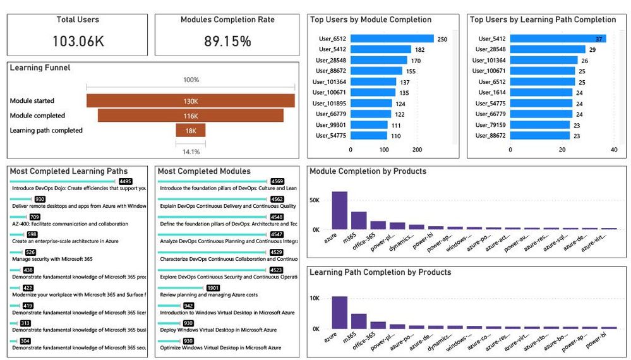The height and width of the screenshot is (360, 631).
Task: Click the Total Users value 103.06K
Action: pos(78,42)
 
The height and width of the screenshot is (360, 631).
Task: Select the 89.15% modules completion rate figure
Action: pos(227,42)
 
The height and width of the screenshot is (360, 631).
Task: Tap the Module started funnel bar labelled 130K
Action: pos(190,101)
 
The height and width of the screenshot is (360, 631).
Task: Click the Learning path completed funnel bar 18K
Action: pos(190,131)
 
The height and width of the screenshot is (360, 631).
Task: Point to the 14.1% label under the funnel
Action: pos(190,152)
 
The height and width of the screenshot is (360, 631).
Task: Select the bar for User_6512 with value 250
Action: pos(392,39)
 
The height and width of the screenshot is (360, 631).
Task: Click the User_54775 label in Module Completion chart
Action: pos(334,136)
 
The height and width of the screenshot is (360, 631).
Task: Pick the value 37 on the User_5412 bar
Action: pos(599,39)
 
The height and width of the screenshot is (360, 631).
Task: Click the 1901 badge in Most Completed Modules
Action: pos(213,288)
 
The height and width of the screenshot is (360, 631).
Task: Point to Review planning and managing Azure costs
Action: pos(208,294)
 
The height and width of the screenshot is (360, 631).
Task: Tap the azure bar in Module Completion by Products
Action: pos(340,210)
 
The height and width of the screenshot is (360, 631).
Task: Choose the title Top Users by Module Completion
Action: pos(371,20)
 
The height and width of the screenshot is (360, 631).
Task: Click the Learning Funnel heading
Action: pos(40,68)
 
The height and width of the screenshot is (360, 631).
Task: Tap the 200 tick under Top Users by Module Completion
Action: pos(417,150)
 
